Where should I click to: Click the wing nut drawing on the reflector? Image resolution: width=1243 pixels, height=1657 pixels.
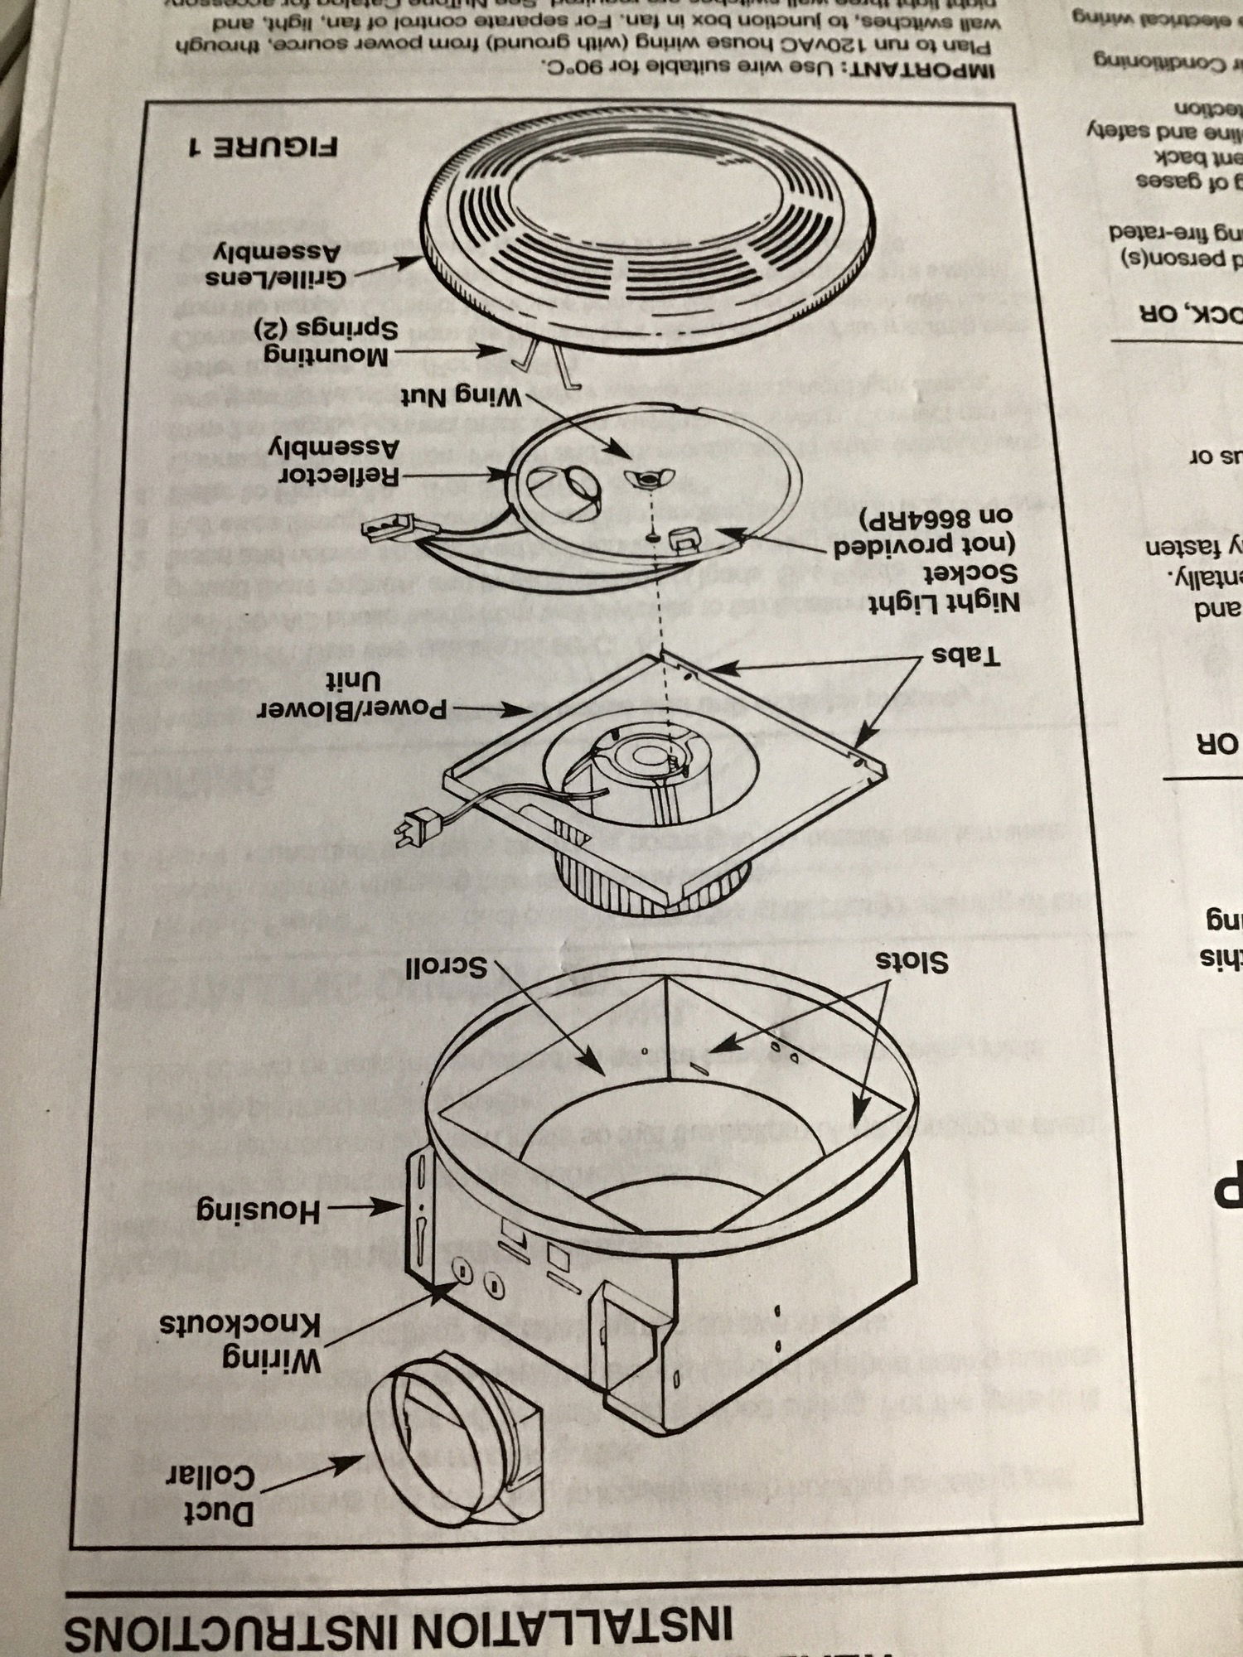(x=650, y=478)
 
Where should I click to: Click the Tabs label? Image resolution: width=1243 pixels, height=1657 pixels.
(x=966, y=656)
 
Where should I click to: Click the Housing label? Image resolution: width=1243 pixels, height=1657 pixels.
(x=258, y=1211)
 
